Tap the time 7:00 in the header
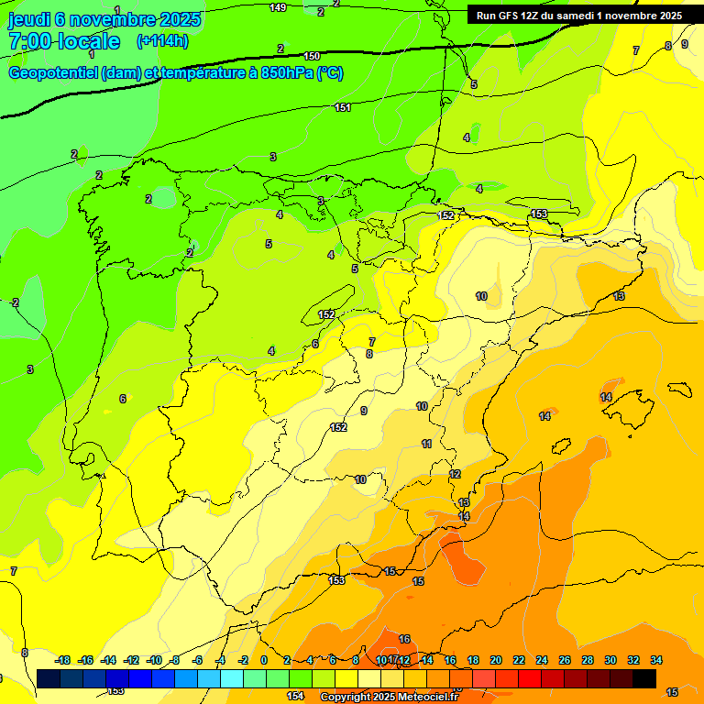[x=29, y=41]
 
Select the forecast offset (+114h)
[x=162, y=41]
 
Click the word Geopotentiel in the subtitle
[x=52, y=73]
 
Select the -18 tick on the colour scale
[x=62, y=660]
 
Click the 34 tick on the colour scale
[x=656, y=660]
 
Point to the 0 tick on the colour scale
[x=264, y=660]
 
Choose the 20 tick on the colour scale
[x=496, y=660]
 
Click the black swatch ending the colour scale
[x=644, y=678]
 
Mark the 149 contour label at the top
[x=278, y=7]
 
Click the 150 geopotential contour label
[x=312, y=57]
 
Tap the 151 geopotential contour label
[x=343, y=108]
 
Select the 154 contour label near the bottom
[x=295, y=697]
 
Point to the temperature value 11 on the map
[x=426, y=444]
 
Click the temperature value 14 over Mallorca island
[x=606, y=397]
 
